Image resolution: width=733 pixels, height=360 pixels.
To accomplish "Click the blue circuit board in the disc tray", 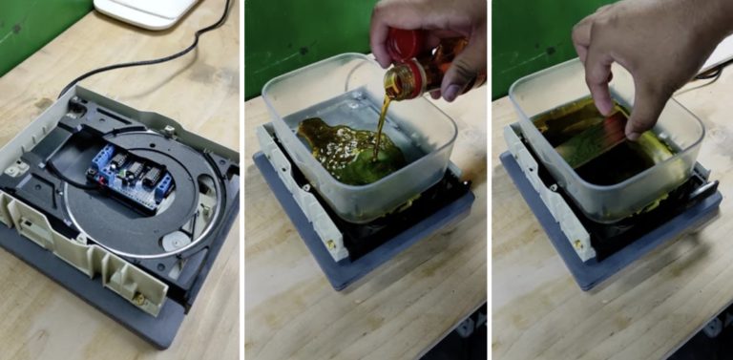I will click(129, 172).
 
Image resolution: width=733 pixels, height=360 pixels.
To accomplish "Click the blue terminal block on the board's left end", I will click(99, 159).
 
